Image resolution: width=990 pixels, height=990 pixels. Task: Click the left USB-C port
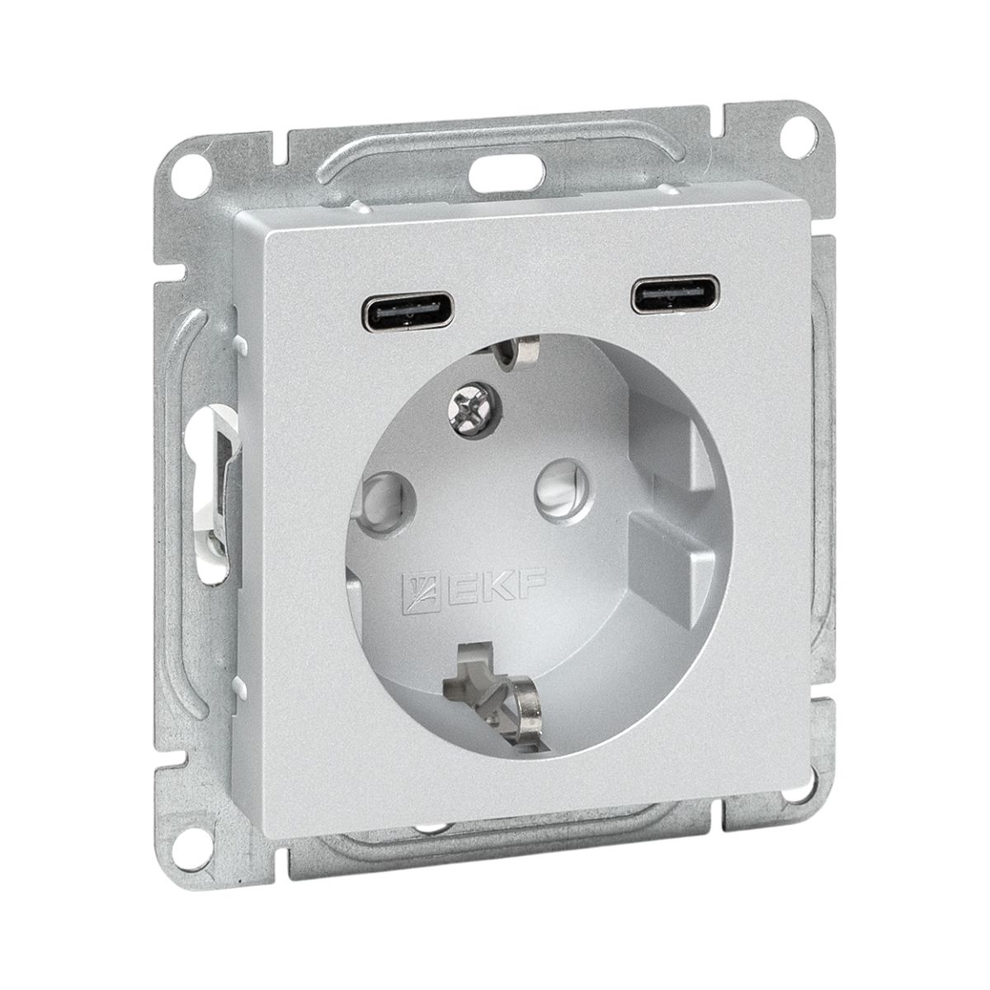point(409,311)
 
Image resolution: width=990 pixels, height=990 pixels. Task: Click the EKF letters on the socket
point(493,587)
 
